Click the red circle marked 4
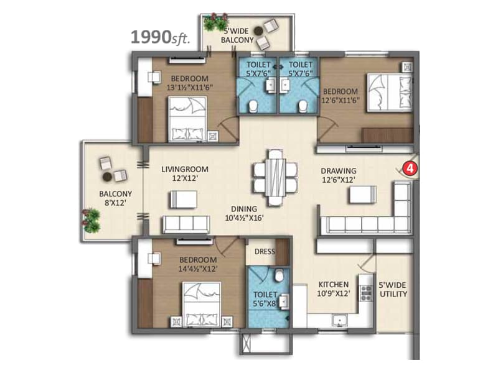pos(409,167)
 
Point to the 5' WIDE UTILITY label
pos(393,290)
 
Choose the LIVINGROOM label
pos(184,169)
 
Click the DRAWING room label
pos(339,171)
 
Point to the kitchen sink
pos(339,321)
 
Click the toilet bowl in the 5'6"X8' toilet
pos(281,275)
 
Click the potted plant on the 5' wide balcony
pos(217,22)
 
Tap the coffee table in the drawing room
pos(362,195)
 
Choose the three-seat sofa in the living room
pos(185,224)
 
